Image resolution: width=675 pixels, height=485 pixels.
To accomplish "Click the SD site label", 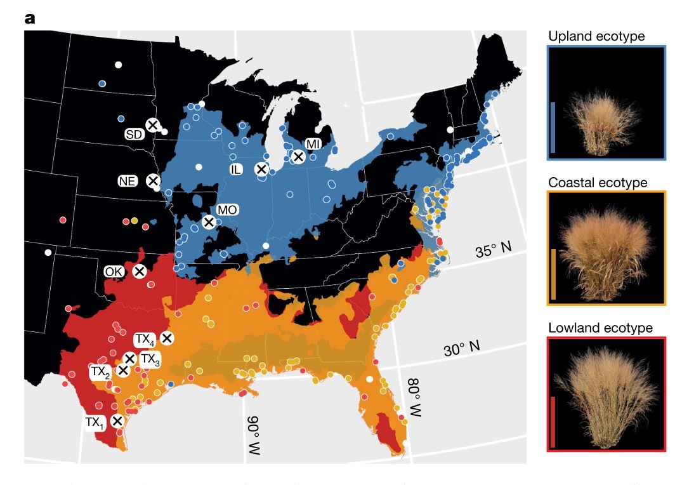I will click(134, 134).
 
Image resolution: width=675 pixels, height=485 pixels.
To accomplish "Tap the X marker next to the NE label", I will click(152, 180).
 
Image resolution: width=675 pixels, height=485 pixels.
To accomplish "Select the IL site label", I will click(236, 169).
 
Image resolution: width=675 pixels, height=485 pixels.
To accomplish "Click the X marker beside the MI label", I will click(298, 156).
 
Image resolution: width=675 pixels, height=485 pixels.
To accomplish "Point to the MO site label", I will click(226, 209).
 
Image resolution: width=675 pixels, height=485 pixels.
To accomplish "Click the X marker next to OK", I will click(139, 271).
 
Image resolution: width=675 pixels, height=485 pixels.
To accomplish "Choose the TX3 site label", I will click(150, 359).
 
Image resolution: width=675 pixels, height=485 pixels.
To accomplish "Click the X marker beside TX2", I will click(122, 369).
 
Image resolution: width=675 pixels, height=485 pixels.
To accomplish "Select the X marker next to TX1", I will click(117, 420).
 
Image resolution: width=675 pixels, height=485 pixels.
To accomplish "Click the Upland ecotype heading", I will click(596, 36).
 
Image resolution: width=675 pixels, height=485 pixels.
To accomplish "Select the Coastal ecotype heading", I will click(598, 183).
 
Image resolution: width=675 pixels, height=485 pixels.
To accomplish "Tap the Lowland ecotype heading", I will click(600, 328).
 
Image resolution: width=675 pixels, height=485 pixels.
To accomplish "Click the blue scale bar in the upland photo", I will click(553, 127).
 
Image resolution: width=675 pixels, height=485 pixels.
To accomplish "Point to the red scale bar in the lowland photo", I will click(553, 422).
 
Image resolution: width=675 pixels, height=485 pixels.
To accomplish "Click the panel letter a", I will click(30, 18).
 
